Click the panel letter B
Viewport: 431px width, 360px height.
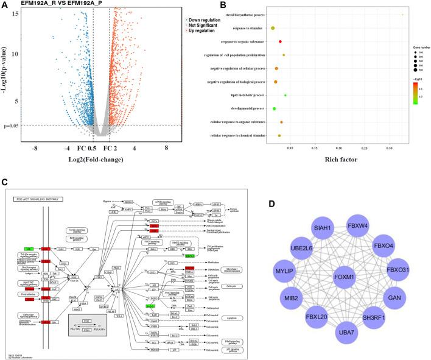[206, 5]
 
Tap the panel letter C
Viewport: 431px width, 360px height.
[5, 182]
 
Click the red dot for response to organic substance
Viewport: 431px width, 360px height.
[280, 41]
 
